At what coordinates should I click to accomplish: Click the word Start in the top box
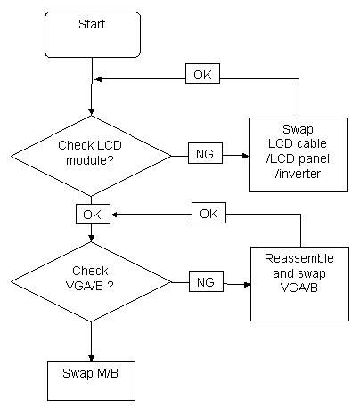tap(92, 24)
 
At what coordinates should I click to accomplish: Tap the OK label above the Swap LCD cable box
tap(202, 74)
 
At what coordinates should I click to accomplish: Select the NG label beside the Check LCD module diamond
tap(205, 153)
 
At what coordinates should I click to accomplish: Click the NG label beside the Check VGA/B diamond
tap(206, 281)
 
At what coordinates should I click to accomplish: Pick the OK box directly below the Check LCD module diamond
tap(93, 214)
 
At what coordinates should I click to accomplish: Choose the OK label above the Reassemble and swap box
tap(209, 213)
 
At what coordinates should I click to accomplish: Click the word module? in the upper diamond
tap(90, 160)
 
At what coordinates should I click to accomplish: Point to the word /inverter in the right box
tap(298, 174)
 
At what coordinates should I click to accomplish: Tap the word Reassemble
tap(299, 258)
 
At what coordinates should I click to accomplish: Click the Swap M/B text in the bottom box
tap(90, 373)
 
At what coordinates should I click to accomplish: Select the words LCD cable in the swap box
tap(298, 143)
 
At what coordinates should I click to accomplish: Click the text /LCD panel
tap(298, 158)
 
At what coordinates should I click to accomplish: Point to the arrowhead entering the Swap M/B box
tap(92, 358)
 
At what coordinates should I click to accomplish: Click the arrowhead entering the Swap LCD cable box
tap(245, 155)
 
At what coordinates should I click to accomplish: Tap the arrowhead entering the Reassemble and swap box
tap(247, 284)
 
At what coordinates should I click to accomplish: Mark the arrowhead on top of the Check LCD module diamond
tap(92, 112)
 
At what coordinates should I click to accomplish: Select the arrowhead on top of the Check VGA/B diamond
tap(92, 238)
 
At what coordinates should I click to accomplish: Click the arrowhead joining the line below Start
tap(98, 79)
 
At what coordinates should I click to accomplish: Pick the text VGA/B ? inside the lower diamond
tap(89, 286)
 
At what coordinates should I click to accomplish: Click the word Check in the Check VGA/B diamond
tap(90, 271)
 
